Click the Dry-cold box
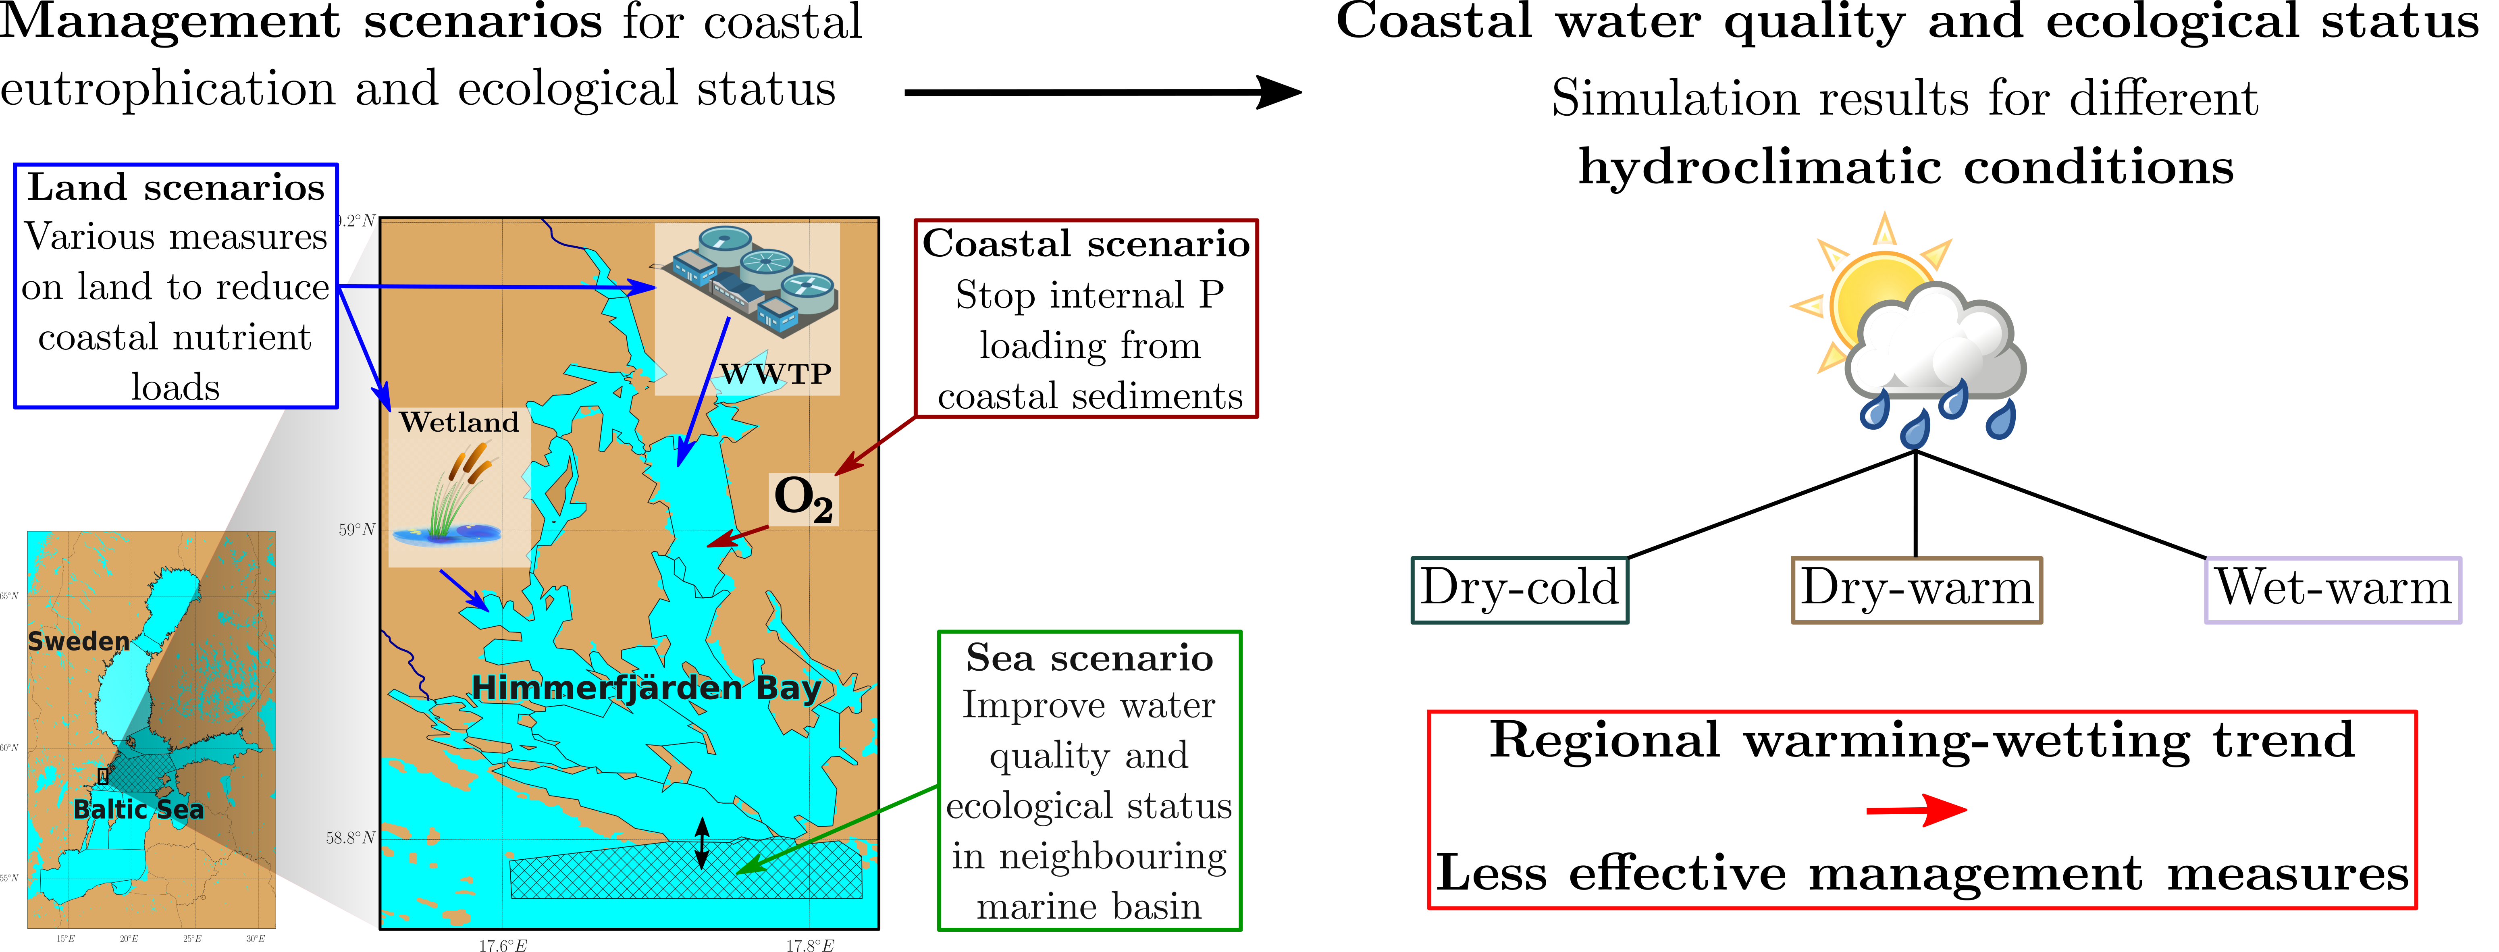point(1519,589)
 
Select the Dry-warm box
point(1916,589)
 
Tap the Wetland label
point(459,422)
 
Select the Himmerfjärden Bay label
point(646,687)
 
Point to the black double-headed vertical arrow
point(703,842)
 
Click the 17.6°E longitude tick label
point(503,945)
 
